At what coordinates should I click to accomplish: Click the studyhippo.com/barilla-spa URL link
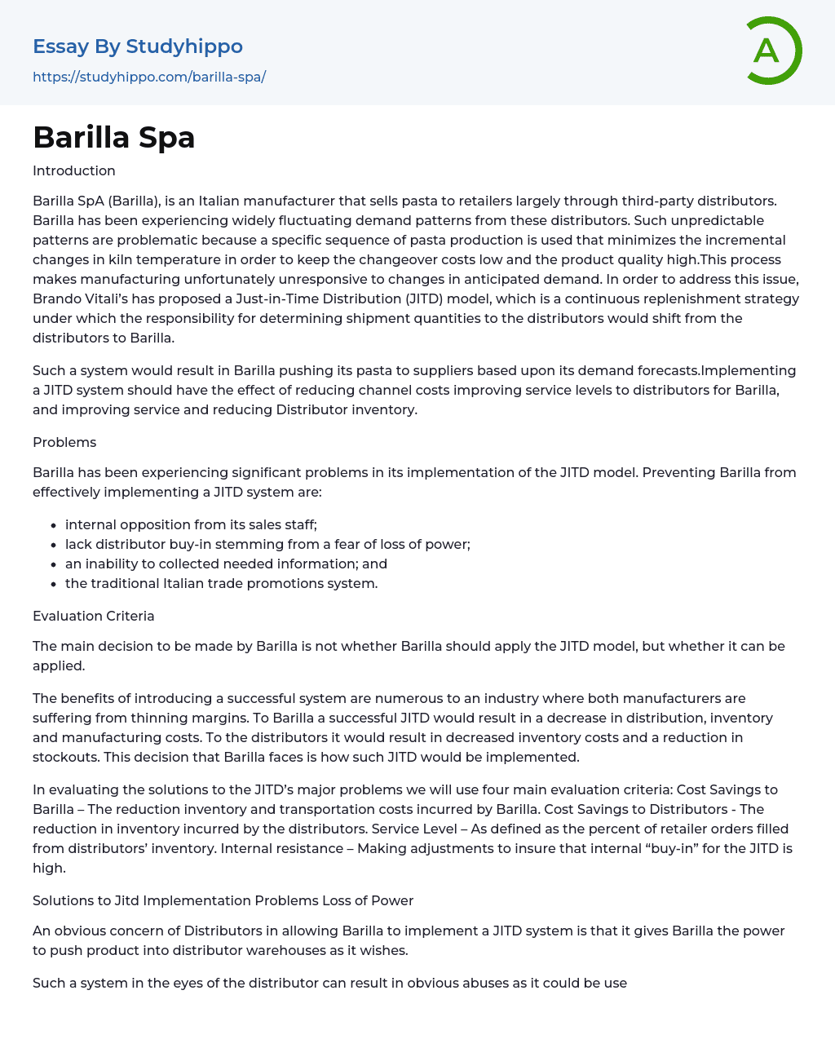(149, 77)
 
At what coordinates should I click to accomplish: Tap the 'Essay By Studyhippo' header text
(138, 46)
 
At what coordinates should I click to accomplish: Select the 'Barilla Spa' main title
(114, 137)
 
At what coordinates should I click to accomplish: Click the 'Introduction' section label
(74, 170)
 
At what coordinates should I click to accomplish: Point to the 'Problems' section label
(64, 442)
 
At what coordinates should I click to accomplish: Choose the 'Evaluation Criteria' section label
(94, 616)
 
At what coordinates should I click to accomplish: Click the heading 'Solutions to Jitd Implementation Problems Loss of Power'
(223, 900)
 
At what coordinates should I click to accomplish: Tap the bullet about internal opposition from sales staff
(191, 524)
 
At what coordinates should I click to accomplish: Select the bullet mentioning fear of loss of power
(267, 544)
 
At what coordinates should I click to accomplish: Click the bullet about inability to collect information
(226, 564)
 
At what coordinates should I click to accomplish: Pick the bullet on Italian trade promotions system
(221, 583)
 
